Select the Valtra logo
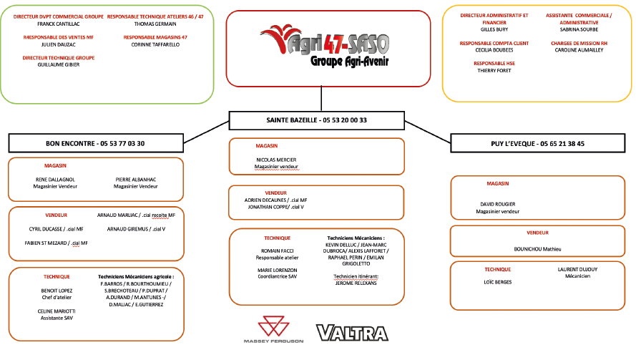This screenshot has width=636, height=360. (x=351, y=333)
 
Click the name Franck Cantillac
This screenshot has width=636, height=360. (x=54, y=24)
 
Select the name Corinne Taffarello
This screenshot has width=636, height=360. (x=155, y=44)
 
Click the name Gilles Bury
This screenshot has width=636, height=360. (x=494, y=30)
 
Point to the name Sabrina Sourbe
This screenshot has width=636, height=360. (x=579, y=30)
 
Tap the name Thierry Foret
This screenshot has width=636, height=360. (x=494, y=70)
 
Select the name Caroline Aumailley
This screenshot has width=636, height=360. (x=579, y=50)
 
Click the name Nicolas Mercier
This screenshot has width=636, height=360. (x=276, y=160)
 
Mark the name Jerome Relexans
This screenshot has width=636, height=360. (x=356, y=283)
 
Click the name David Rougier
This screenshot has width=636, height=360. (x=498, y=204)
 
